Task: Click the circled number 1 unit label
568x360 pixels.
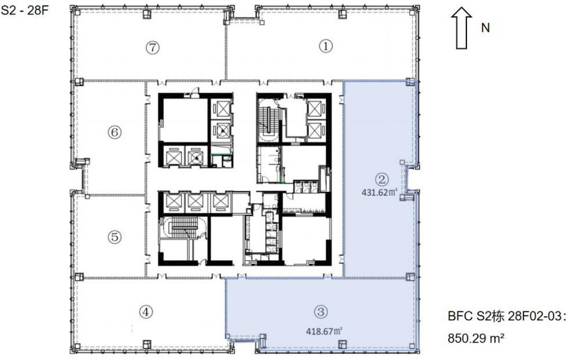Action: [326, 46]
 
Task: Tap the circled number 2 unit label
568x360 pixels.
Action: [382, 179]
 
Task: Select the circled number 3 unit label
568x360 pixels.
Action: [321, 312]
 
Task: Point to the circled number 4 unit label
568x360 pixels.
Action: [146, 312]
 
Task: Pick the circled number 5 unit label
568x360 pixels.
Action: [114, 237]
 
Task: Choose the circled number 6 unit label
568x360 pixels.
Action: [114, 132]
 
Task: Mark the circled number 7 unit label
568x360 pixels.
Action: [152, 47]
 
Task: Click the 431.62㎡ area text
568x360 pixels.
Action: [379, 192]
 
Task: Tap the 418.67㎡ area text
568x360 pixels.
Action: [324, 331]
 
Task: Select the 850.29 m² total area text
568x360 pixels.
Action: [476, 339]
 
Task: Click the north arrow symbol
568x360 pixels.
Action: [461, 28]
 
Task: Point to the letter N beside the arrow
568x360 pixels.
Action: [485, 28]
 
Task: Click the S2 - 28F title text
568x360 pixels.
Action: [25, 10]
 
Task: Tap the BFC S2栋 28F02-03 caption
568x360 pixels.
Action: [507, 316]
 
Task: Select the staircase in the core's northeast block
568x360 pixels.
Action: [268, 119]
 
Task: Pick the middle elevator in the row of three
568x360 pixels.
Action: [195, 201]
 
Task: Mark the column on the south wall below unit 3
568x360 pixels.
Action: [342, 344]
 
